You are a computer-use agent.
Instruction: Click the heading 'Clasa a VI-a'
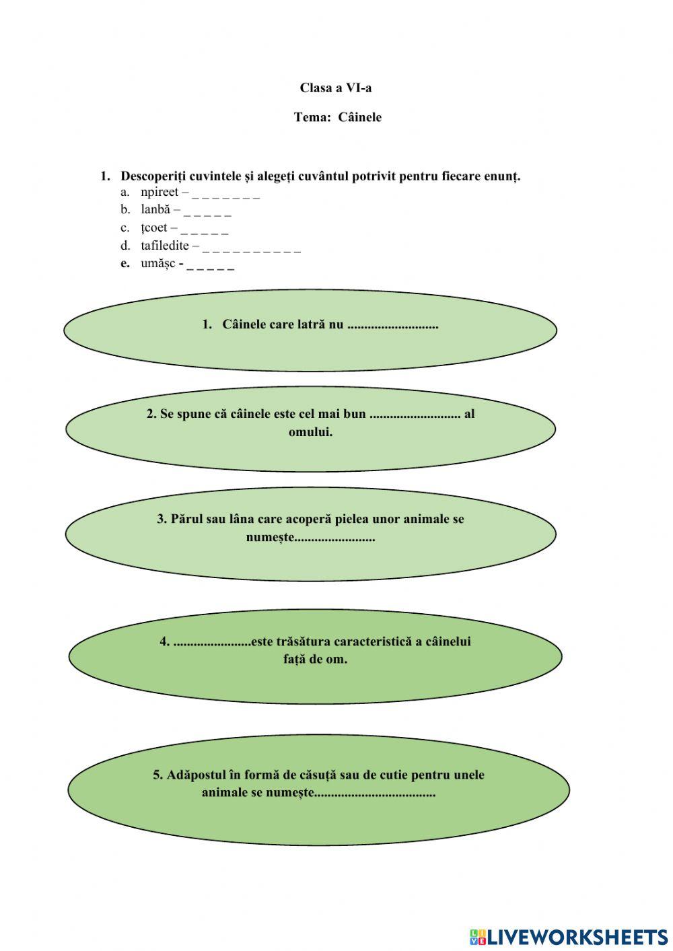(336, 88)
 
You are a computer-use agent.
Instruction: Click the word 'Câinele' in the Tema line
(359, 118)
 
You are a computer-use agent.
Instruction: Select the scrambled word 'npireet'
(160, 192)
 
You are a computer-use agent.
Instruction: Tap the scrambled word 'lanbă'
(155, 210)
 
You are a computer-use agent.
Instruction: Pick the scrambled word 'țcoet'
(153, 228)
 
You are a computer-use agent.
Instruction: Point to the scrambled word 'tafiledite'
(165, 246)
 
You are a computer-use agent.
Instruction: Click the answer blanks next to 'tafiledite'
(251, 248)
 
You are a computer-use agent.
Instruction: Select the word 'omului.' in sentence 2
(310, 432)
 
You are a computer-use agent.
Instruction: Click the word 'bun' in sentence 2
(354, 414)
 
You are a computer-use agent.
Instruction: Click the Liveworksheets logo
(569, 936)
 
